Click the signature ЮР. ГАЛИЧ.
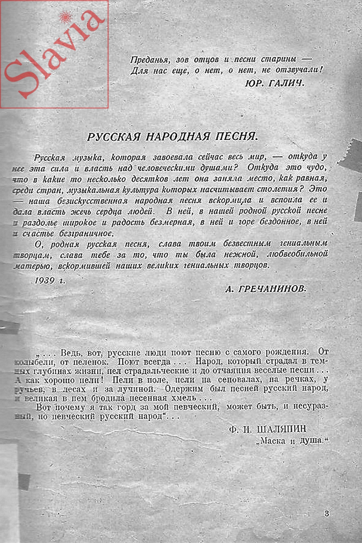[275, 83]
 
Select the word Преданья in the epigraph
[150, 60]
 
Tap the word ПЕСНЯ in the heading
[236, 136]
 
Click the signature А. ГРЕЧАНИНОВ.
[266, 289]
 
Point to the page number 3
[327, 513]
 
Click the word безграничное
[86, 233]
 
